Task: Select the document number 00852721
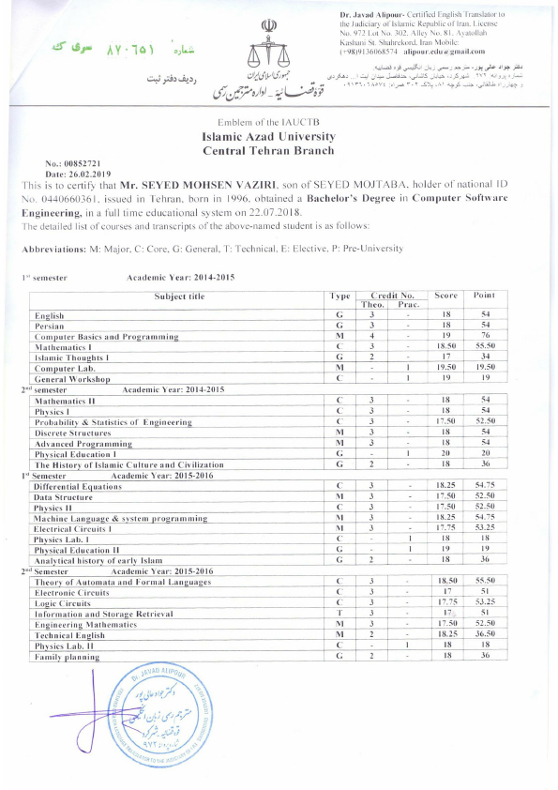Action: (x=79, y=163)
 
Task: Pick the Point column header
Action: (x=484, y=296)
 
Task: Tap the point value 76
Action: (x=484, y=336)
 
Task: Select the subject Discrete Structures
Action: (x=73, y=433)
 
